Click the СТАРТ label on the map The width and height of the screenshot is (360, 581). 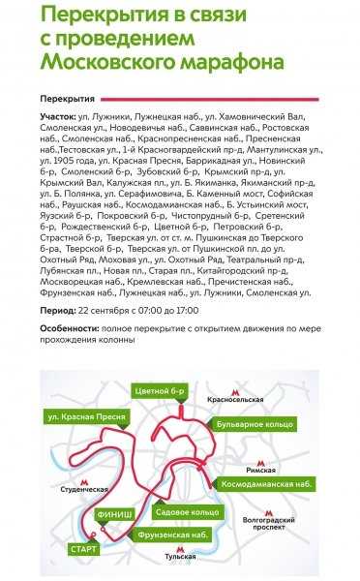(x=83, y=549)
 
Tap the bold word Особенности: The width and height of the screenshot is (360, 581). (x=74, y=329)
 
